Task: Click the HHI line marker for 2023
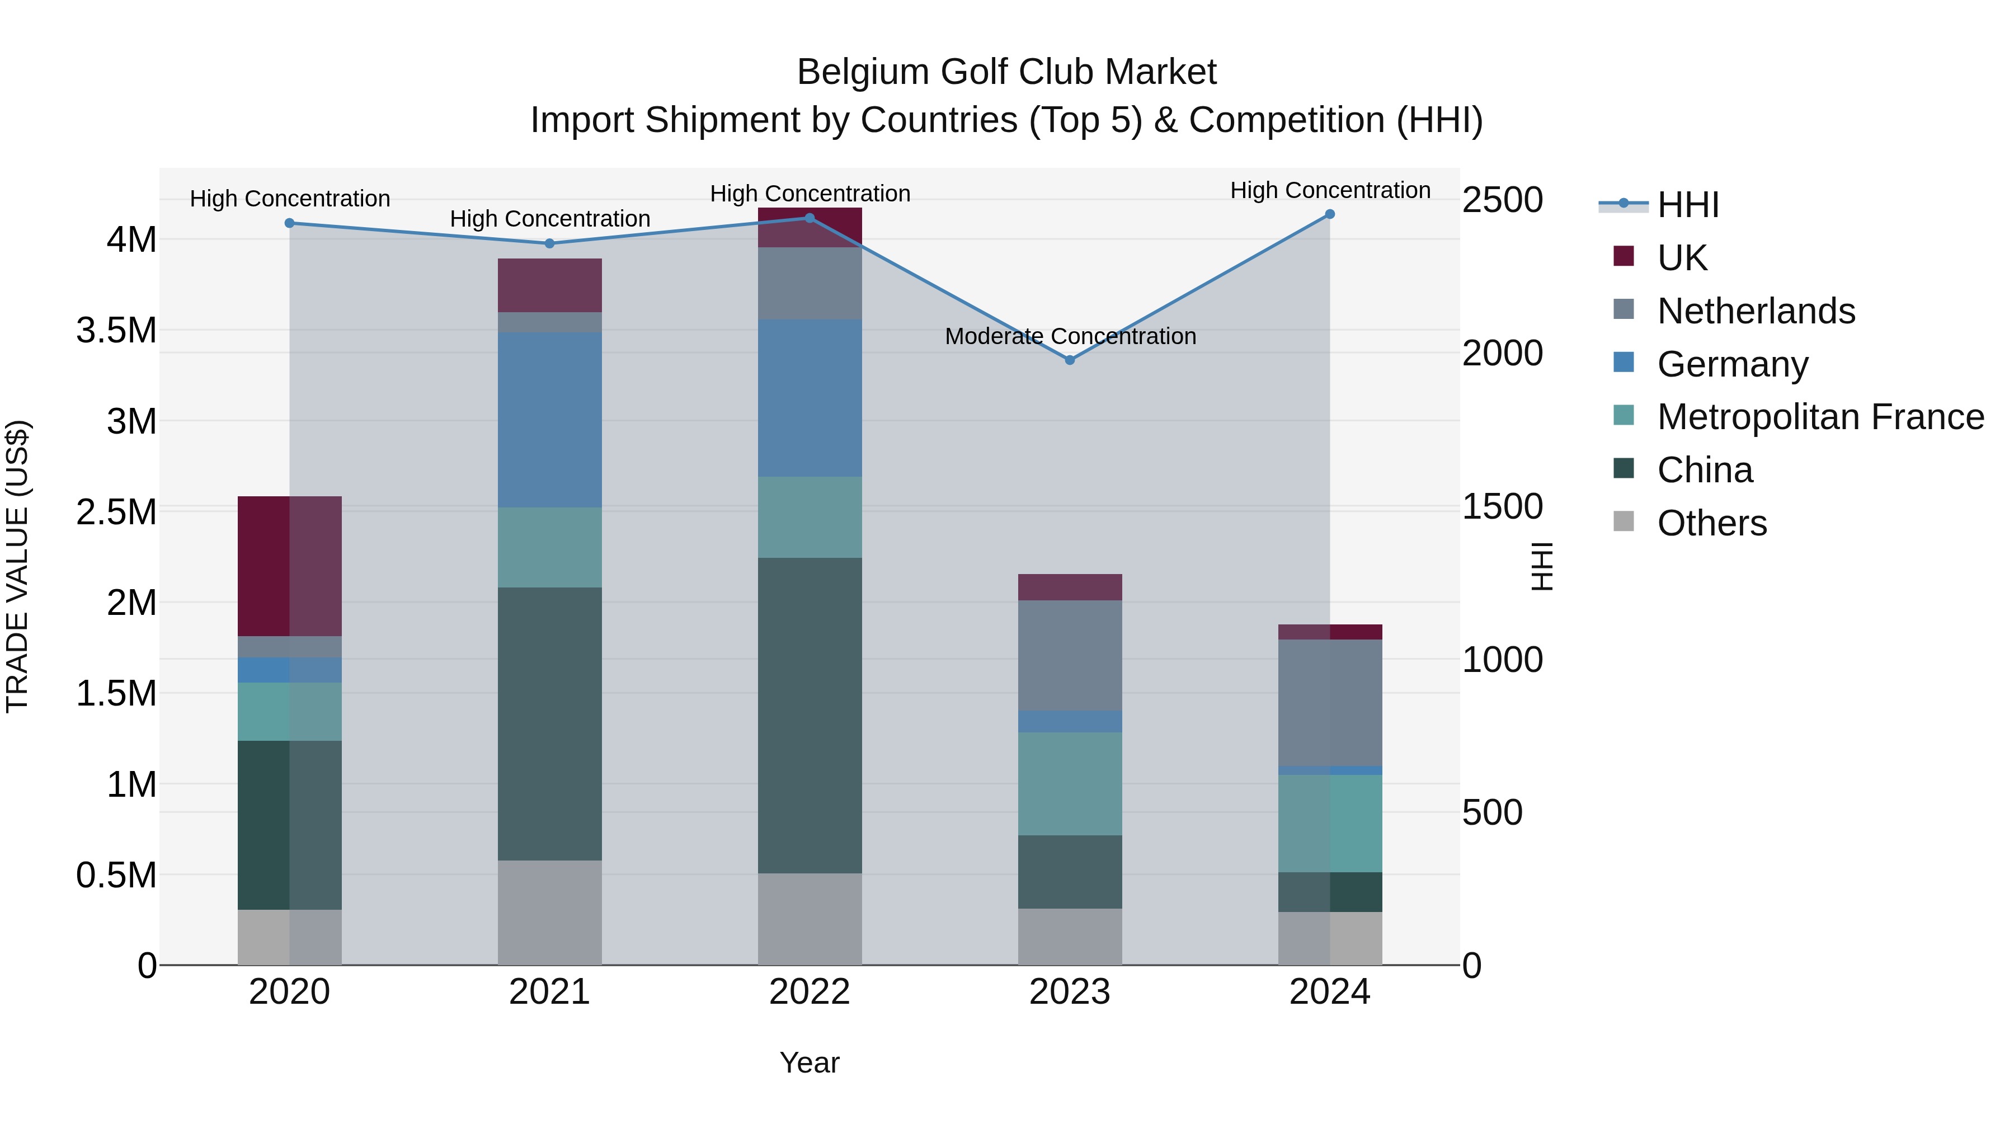[1070, 360]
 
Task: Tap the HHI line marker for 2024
[1330, 214]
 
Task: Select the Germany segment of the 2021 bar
[549, 420]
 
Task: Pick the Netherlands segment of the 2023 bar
[1070, 655]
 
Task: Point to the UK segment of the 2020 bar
[289, 566]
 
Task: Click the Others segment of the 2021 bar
[549, 913]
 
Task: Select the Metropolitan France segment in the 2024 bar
[1330, 824]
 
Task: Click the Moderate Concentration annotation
[1070, 336]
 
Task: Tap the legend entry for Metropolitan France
[1820, 417]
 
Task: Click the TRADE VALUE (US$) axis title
[17, 566]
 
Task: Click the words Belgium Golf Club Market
[1006, 72]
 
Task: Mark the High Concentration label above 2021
[549, 219]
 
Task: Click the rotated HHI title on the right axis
[1541, 566]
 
